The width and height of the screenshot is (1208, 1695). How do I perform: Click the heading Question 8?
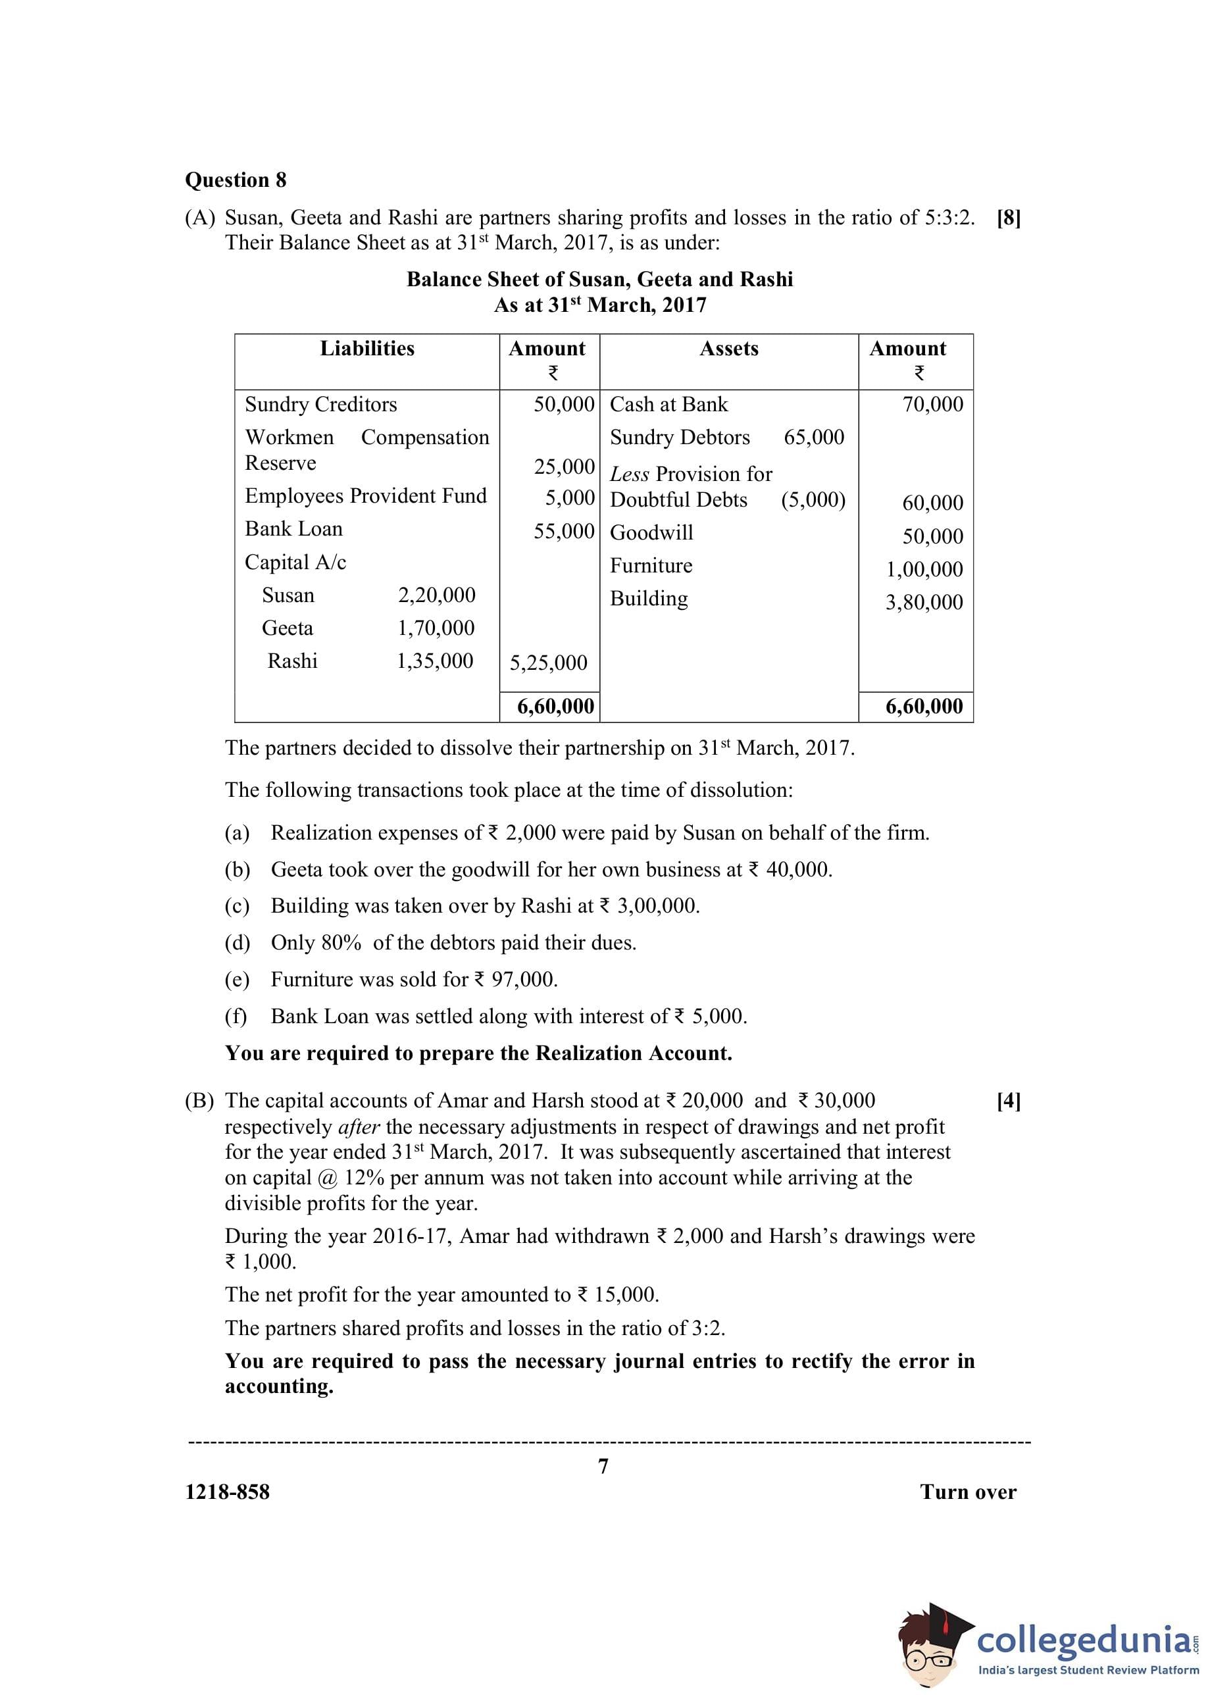tap(235, 180)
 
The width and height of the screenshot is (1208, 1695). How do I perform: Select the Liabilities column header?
tap(366, 349)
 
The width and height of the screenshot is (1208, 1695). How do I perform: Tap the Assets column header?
tap(728, 349)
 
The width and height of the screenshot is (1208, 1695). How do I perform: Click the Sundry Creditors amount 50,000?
tap(564, 405)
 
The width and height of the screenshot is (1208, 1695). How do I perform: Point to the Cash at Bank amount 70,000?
tap(932, 405)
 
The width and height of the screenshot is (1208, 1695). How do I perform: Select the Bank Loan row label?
tap(294, 529)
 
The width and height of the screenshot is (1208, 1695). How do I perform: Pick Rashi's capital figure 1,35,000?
tap(434, 661)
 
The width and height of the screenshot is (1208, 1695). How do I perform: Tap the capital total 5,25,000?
tap(548, 663)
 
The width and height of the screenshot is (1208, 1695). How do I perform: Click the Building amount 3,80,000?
tap(923, 603)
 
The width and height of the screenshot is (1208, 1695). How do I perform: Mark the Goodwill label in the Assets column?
tap(651, 532)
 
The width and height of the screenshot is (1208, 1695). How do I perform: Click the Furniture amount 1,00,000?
tap(924, 570)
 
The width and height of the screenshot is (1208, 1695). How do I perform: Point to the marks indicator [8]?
tap(1008, 218)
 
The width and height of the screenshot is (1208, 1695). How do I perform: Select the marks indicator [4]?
tap(1008, 1101)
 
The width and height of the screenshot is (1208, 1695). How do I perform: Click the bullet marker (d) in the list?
tap(238, 943)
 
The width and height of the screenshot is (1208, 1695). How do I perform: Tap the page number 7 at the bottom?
tap(603, 1466)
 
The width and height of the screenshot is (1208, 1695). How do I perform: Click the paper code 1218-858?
tap(227, 1492)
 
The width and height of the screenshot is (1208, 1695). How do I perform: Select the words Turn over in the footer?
tap(968, 1492)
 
